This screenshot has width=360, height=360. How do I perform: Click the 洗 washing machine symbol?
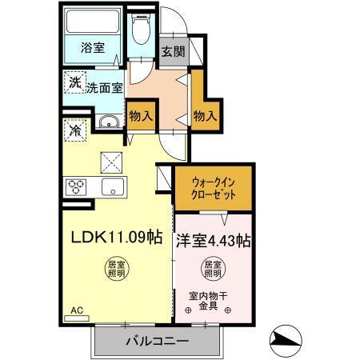[x=74, y=82]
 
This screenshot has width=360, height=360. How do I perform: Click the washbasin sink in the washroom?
[x=108, y=122]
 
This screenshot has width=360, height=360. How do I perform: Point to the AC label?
[x=77, y=310]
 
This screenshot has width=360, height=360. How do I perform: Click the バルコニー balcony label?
[x=157, y=342]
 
